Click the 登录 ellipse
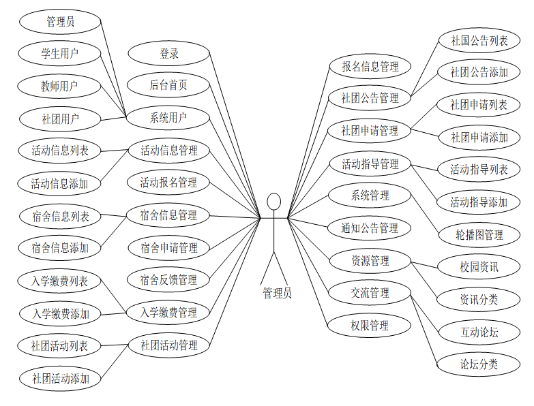[x=168, y=53]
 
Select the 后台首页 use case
[x=168, y=85]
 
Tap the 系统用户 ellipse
[x=168, y=117]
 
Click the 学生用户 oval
[x=60, y=53]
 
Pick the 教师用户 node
[x=60, y=86]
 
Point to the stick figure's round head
[x=274, y=202]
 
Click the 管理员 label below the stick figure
[x=277, y=294]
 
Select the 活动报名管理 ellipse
[x=168, y=183]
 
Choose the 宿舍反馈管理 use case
[x=168, y=280]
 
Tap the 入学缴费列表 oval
[x=60, y=281]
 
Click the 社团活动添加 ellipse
[x=60, y=378]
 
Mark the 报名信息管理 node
[x=370, y=66]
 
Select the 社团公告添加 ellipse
[x=479, y=72]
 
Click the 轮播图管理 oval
[x=479, y=235]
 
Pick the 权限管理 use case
[x=370, y=326]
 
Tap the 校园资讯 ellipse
[x=479, y=267]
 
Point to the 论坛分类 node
[x=479, y=364]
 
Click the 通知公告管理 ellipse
[x=370, y=228]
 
